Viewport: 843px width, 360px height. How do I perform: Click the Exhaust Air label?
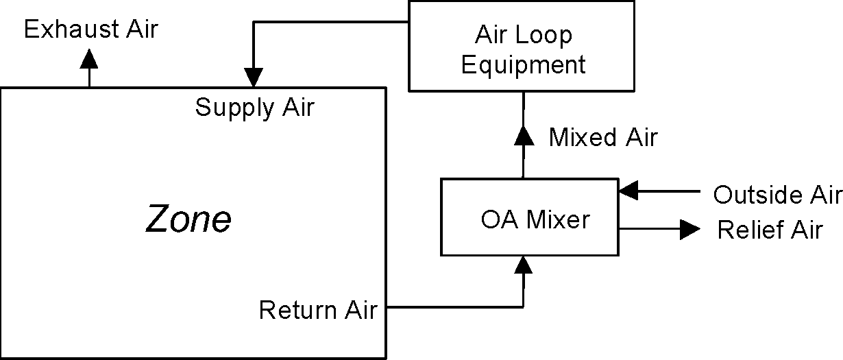click(x=90, y=29)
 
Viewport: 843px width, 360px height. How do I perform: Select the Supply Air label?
click(x=254, y=108)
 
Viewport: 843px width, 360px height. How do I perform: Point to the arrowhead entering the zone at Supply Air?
click(x=254, y=77)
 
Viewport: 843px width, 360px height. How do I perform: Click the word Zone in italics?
click(x=188, y=220)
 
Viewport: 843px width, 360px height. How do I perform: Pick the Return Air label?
click(x=317, y=310)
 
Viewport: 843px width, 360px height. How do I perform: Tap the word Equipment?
click(x=524, y=64)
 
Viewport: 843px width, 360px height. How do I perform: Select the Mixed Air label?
click(x=602, y=137)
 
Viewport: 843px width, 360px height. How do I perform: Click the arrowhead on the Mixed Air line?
click(x=524, y=134)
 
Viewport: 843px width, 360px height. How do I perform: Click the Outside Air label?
click(x=777, y=195)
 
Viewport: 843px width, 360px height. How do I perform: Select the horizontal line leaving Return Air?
click(x=452, y=307)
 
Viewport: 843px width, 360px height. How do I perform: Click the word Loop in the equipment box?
click(x=546, y=34)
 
